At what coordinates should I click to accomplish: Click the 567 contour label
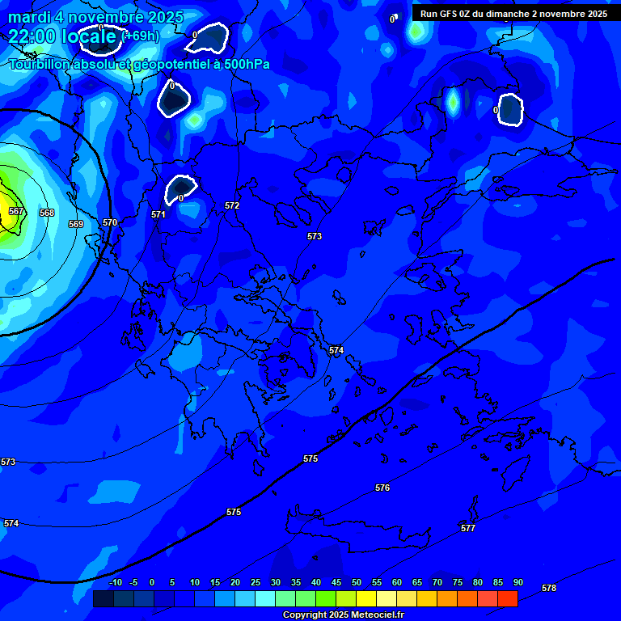16,211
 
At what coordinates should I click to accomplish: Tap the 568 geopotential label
47,213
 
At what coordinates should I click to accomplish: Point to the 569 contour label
76,224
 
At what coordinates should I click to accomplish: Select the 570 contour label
110,222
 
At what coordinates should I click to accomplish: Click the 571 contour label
158,214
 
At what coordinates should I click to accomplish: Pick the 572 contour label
232,206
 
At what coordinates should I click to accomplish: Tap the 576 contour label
382,488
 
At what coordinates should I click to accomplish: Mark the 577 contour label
468,528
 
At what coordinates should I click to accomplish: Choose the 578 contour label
549,588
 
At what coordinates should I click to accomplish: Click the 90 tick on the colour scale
517,583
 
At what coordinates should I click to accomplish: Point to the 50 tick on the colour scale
357,583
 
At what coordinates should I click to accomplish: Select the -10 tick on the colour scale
115,583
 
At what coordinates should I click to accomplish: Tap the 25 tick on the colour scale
256,583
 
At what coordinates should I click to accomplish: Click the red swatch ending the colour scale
508,598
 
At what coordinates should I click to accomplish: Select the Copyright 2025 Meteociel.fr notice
344,615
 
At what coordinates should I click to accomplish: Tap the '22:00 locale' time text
62,36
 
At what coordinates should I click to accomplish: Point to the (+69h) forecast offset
140,36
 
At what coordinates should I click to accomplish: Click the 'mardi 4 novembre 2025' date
95,17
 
